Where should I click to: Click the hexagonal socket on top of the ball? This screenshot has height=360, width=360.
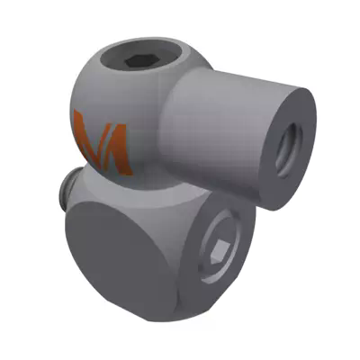point(138,61)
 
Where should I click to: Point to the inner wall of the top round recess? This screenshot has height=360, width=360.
point(135,52)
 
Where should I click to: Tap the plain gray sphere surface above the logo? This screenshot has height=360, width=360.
point(94,85)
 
